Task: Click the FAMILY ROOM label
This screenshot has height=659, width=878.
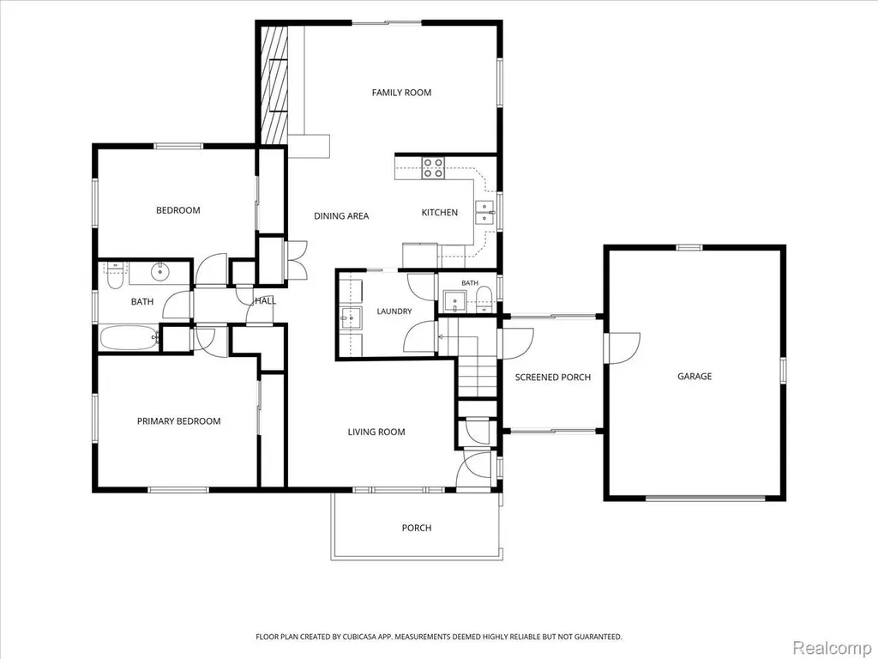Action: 401,93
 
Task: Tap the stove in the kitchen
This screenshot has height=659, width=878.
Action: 433,168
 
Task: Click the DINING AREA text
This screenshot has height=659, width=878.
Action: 341,215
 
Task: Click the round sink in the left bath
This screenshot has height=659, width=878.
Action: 160,273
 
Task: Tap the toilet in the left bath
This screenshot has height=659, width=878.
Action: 115,275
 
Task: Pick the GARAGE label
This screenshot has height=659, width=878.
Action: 695,377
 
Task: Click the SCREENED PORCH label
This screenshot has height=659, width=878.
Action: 553,378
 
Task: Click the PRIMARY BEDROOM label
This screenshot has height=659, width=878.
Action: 178,421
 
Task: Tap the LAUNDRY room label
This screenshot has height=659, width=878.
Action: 394,311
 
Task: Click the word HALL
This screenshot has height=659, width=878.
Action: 266,301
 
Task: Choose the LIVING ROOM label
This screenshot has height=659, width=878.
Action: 376,432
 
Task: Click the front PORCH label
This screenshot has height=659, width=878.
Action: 417,528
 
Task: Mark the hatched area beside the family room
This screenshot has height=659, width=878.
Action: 274,84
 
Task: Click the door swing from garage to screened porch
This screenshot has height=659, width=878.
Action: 624,348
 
